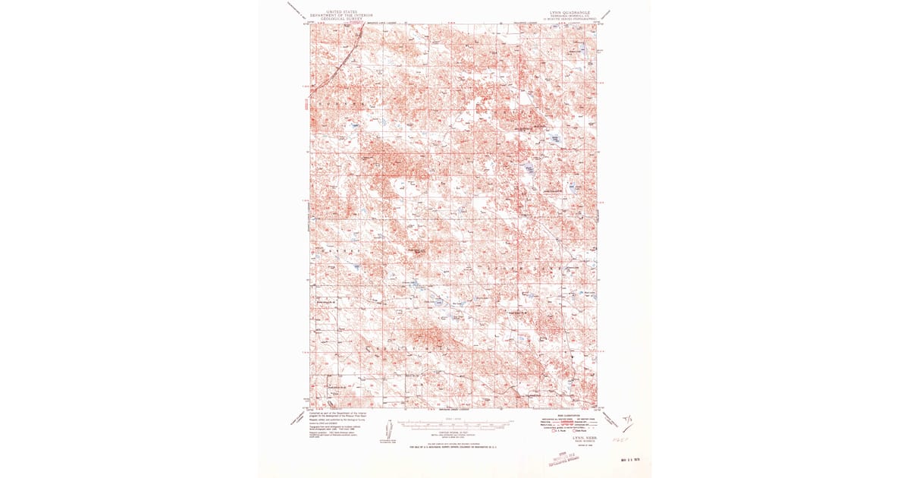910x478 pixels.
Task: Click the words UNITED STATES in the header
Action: (x=340, y=11)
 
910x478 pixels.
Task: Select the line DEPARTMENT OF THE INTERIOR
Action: (x=340, y=15)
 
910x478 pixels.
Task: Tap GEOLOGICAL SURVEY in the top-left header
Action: (x=340, y=19)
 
